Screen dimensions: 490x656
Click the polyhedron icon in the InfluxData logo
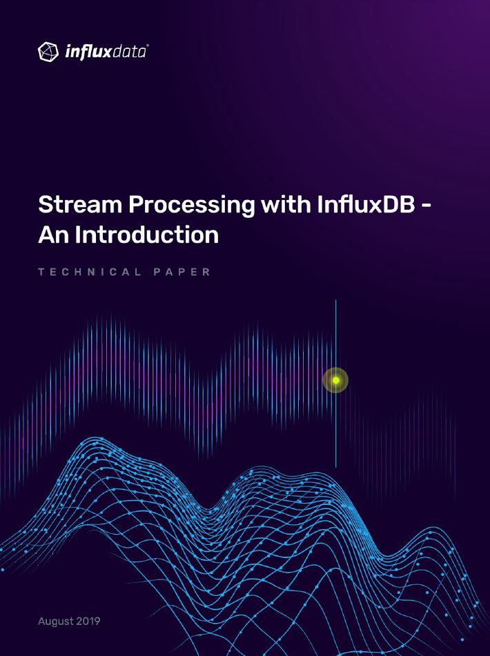click(48, 52)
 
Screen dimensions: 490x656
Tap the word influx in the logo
click(88, 52)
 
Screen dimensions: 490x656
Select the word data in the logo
click(129, 52)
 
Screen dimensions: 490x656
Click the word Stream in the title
click(80, 205)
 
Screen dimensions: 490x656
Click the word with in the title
click(286, 204)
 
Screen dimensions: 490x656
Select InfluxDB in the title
click(366, 204)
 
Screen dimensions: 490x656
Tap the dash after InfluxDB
click(425, 206)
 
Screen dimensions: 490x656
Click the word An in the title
click(54, 235)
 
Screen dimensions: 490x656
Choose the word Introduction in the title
click(147, 235)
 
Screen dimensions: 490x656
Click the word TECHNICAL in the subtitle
click(90, 272)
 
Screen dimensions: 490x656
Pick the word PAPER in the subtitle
click(182, 272)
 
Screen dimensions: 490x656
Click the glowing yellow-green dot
click(335, 380)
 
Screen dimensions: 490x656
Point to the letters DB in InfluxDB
click(399, 205)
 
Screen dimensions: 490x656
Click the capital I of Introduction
click(78, 235)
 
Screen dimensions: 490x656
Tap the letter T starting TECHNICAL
click(41, 272)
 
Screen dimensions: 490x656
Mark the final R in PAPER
click(206, 272)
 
